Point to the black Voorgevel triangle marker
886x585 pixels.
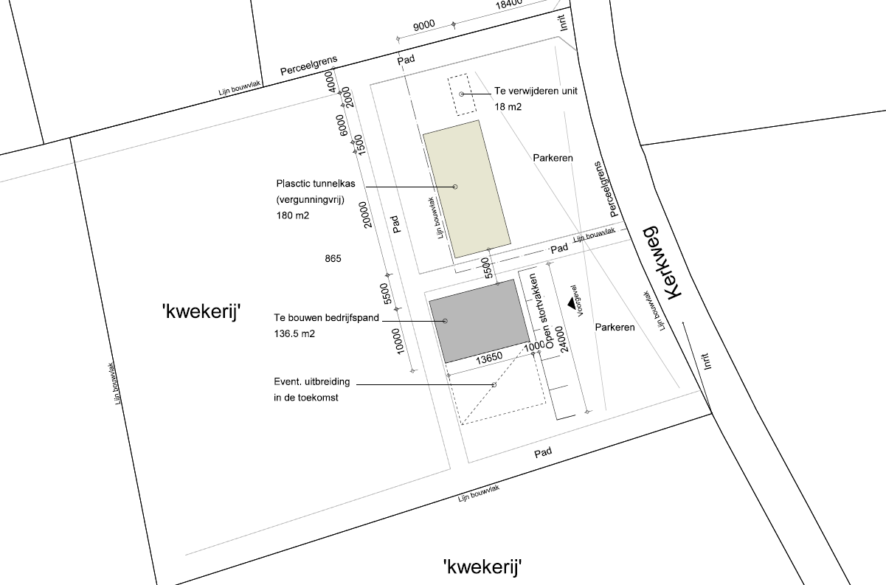click(x=571, y=302)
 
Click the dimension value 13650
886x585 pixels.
click(x=488, y=357)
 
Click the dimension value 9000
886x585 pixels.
click(x=423, y=26)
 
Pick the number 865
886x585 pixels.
click(x=332, y=259)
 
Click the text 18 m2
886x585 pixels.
click(x=508, y=108)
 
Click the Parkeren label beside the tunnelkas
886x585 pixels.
click(x=553, y=159)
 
